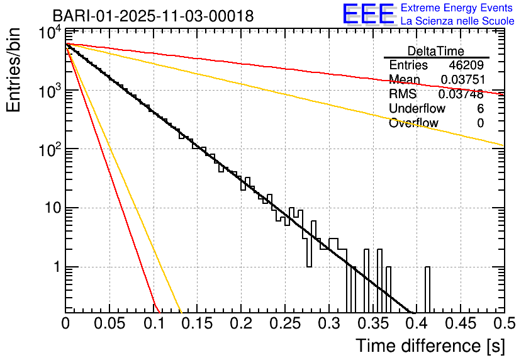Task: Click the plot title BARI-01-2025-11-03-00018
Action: [x=153, y=16]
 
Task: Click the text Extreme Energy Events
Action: [x=456, y=8]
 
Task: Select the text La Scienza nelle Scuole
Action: [x=457, y=21]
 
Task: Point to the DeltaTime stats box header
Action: [x=436, y=51]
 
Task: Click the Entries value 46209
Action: [x=466, y=65]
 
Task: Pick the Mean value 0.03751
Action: [x=462, y=80]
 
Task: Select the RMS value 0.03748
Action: [x=462, y=94]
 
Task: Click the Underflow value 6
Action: [x=481, y=109]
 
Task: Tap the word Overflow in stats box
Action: [x=413, y=123]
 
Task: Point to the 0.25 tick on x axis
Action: [x=284, y=323]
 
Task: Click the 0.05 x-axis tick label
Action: [x=109, y=323]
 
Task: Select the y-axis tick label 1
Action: [x=55, y=267]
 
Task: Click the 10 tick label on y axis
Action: [x=50, y=208]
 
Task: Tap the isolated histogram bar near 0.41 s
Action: [x=427, y=290]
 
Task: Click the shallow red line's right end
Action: [x=502, y=94]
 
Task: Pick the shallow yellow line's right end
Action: [x=502, y=145]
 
